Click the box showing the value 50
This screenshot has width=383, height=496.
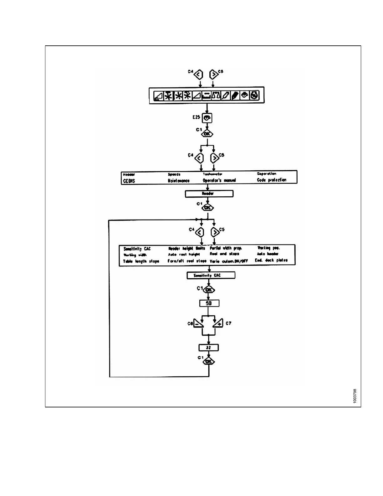209,303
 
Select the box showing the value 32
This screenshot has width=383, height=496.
209,348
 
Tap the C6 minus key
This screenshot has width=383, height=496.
198,323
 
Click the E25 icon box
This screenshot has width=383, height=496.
207,118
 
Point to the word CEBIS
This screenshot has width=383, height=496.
129,181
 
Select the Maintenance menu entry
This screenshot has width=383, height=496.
179,181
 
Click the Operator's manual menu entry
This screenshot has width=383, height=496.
219,180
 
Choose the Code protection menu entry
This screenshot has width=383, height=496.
272,180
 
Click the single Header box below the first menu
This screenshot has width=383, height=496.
209,194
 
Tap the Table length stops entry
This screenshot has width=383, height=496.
141,261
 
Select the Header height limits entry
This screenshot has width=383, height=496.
187,248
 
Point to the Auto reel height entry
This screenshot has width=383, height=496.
184,255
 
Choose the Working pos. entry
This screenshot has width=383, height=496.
268,248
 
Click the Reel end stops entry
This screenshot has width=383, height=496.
224,254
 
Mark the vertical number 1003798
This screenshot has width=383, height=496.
355,396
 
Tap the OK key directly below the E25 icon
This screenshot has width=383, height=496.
207,134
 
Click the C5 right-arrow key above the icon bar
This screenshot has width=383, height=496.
213,75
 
